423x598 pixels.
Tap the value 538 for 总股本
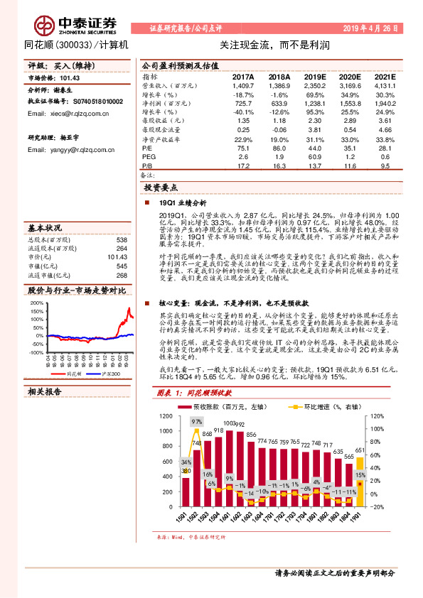click(x=121, y=239)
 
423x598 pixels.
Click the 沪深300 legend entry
click(x=108, y=374)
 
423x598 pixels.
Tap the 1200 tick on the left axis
click(x=166, y=415)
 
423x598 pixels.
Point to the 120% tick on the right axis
click(x=377, y=415)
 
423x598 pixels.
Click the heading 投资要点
click(x=161, y=187)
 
